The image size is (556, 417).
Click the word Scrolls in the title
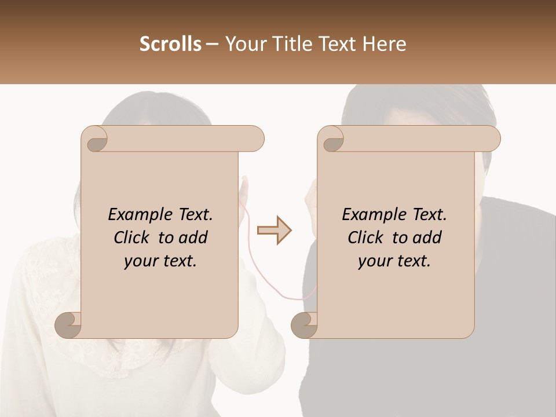coord(170,44)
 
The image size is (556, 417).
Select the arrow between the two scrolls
coord(274,231)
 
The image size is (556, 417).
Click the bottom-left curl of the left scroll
coord(68,325)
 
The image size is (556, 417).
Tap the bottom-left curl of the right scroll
coord(304,325)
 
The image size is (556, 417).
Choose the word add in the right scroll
coord(427,237)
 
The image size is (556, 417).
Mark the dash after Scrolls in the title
coord(213,44)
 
